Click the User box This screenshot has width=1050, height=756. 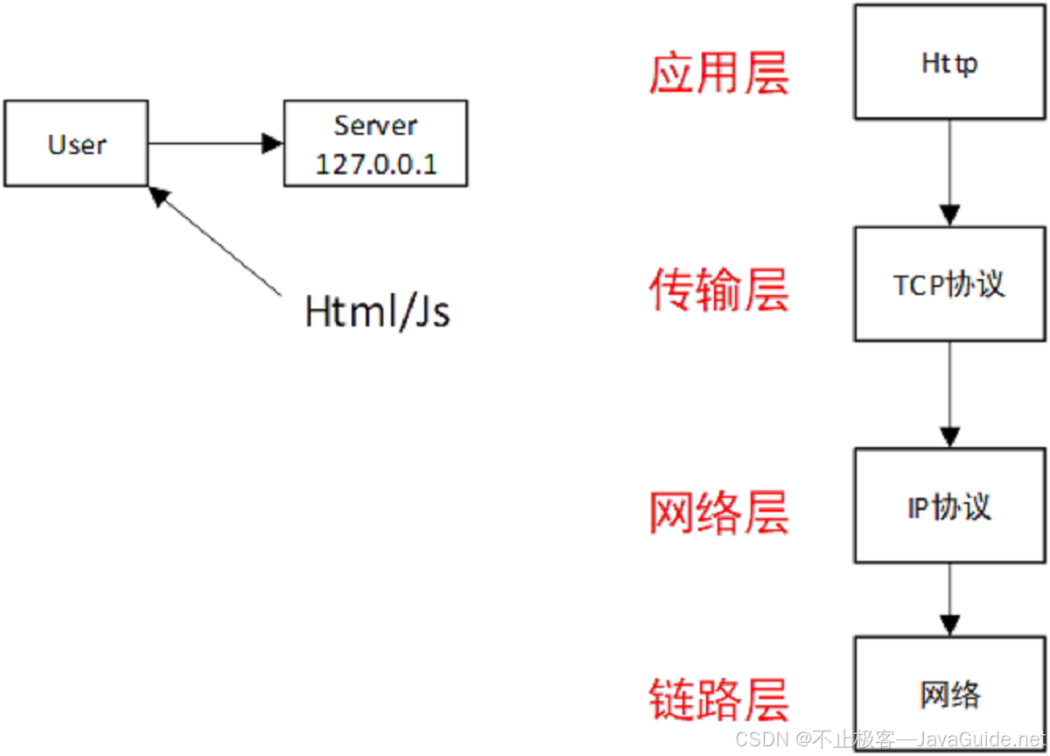pyautogui.click(x=76, y=143)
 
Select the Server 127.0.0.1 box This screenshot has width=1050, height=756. pyautogui.click(x=375, y=143)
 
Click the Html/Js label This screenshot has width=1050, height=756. pyautogui.click(x=377, y=311)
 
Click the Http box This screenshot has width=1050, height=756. pyautogui.click(x=949, y=62)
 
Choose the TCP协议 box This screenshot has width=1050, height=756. pyautogui.click(x=949, y=284)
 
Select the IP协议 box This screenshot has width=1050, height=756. pyautogui.click(x=949, y=506)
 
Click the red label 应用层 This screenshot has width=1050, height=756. pyautogui.click(x=718, y=73)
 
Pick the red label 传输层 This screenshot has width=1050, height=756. pyautogui.click(x=718, y=290)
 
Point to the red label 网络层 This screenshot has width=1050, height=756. pyautogui.click(x=718, y=512)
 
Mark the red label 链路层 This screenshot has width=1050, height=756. pyautogui.click(x=718, y=699)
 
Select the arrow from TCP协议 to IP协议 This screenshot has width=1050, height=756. pyautogui.click(x=949, y=395)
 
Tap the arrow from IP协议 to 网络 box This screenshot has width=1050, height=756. pyautogui.click(x=949, y=600)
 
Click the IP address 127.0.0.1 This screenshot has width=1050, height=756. pyautogui.click(x=375, y=164)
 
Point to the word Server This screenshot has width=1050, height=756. pyautogui.click(x=375, y=124)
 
